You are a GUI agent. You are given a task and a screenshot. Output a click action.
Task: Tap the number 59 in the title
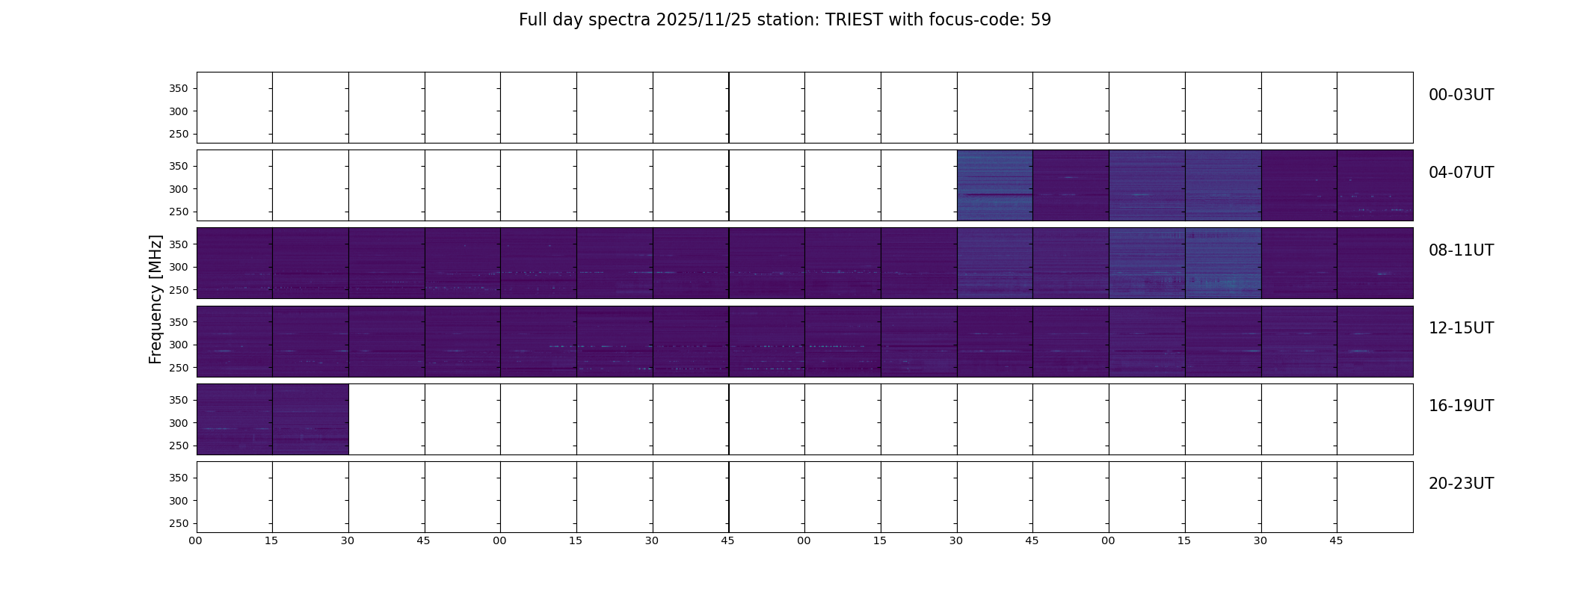1041,20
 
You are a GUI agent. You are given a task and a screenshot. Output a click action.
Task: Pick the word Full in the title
532,20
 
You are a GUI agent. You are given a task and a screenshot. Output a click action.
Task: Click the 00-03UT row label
1461,95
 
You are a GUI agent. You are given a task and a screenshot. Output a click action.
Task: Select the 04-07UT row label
1461,173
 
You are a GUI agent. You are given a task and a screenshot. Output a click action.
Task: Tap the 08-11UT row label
1461,250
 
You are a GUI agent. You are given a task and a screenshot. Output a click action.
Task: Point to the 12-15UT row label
1461,328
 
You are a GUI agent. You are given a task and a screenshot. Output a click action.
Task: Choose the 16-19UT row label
1461,406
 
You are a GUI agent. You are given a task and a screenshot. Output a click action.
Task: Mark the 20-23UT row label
1461,484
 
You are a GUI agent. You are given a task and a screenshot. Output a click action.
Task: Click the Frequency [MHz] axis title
156,299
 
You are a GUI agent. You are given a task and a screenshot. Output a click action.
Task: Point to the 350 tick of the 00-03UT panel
178,88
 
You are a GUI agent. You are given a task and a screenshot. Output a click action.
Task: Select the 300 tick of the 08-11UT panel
178,267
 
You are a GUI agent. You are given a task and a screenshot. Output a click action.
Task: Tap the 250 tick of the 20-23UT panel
178,523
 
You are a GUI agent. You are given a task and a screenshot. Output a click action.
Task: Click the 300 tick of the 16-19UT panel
178,423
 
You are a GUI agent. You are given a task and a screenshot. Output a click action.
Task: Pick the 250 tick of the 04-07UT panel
178,212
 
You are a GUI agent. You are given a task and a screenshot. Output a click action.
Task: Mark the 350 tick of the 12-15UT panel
178,322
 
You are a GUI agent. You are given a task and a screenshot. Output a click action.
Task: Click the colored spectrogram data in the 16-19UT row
272,419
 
